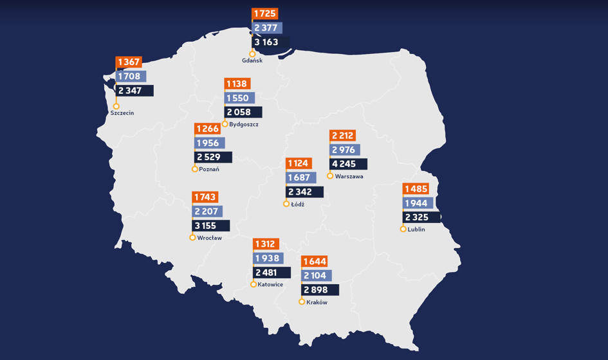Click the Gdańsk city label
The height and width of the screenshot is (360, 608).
point(252,60)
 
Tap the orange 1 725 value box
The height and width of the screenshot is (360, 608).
point(264,14)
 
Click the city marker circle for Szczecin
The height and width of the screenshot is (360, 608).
point(116,106)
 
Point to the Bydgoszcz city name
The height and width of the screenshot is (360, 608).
point(244,124)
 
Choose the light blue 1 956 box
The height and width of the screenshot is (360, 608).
point(209,143)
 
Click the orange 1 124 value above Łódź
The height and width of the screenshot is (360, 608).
point(299,163)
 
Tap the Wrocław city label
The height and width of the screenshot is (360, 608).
point(210,238)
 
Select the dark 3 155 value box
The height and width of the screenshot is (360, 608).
point(211,226)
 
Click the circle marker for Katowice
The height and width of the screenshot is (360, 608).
point(253,284)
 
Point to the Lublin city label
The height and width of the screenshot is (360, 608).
point(416,230)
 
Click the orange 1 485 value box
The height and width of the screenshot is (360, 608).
point(416,189)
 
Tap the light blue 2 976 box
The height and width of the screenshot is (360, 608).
point(345,150)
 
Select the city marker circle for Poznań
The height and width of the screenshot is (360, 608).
point(195,169)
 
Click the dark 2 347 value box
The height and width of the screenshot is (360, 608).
point(134,91)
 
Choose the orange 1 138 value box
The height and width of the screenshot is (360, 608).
point(237,84)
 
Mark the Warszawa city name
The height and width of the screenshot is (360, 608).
point(349,176)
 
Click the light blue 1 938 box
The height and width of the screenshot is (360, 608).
point(268,258)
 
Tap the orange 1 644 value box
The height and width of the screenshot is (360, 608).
point(315,262)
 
